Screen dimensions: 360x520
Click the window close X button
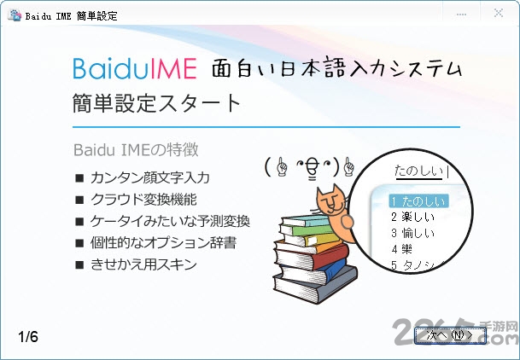click(x=498, y=15)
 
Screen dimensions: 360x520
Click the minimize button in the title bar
click(x=461, y=15)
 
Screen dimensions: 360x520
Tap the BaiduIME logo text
click(x=135, y=67)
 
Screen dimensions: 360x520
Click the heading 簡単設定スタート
click(x=157, y=103)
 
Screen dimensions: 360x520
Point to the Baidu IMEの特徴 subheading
click(x=136, y=150)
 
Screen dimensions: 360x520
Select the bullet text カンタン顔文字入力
click(x=149, y=178)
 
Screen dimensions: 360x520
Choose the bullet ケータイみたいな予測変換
click(x=170, y=221)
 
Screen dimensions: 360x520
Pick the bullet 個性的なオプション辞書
click(x=163, y=243)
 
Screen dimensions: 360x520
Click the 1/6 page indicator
click(x=28, y=336)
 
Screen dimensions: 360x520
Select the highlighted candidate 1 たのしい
click(x=418, y=200)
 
